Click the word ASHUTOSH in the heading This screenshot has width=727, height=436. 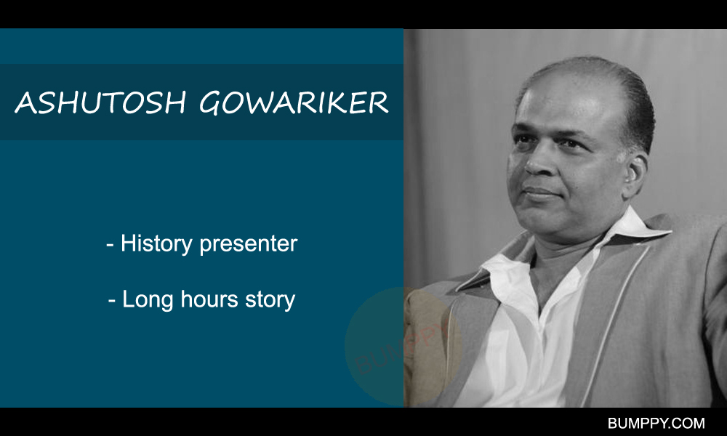(100, 102)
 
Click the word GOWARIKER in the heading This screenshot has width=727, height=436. (294, 102)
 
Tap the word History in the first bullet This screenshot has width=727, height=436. (156, 244)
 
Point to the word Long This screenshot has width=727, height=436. (148, 300)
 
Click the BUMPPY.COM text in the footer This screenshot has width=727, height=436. (656, 423)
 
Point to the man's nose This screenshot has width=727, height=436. (538, 162)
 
